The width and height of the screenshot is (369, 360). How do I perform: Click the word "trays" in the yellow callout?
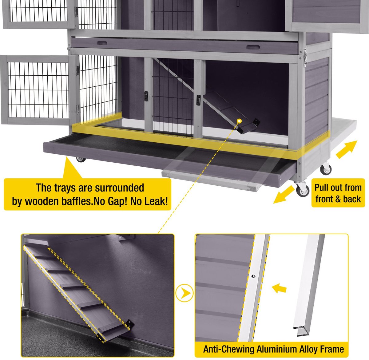(x=64, y=188)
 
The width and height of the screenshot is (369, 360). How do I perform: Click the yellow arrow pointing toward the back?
(x=347, y=149)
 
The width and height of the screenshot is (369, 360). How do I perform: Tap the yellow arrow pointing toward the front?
(x=284, y=195)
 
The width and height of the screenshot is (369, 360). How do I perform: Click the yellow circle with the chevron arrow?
(x=184, y=293)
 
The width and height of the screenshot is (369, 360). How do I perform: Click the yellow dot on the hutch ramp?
(x=240, y=121)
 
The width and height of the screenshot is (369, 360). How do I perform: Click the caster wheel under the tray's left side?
(x=81, y=160)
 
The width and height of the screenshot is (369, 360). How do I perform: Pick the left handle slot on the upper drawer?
(x=102, y=43)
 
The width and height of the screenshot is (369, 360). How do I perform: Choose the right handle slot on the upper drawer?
(x=253, y=47)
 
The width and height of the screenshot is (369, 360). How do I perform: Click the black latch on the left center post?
(x=146, y=96)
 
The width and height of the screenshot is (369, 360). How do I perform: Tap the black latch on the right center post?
(x=198, y=100)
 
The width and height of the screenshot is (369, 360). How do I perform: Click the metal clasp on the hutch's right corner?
(x=305, y=57)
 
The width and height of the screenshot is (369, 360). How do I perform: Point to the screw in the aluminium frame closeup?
(x=253, y=276)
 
